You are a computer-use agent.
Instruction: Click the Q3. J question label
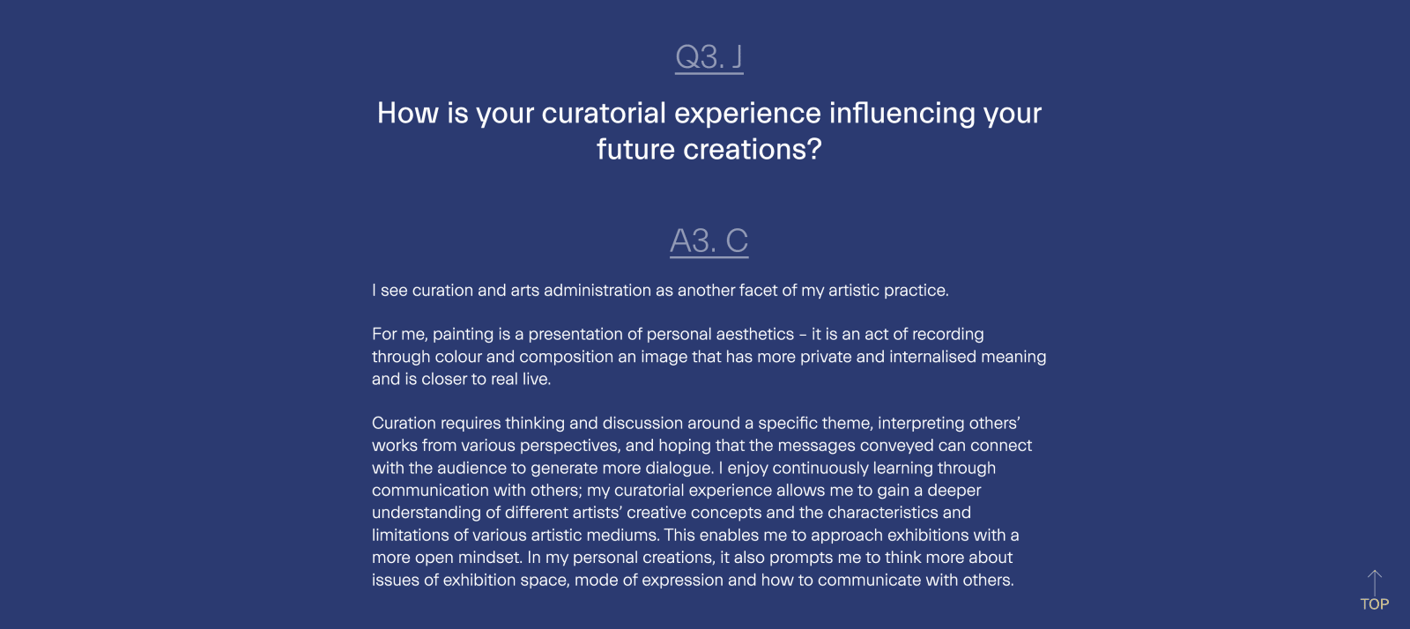709,57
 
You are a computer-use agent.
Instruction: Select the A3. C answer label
709,240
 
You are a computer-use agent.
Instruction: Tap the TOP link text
1375,604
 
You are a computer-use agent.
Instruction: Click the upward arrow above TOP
1375,582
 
